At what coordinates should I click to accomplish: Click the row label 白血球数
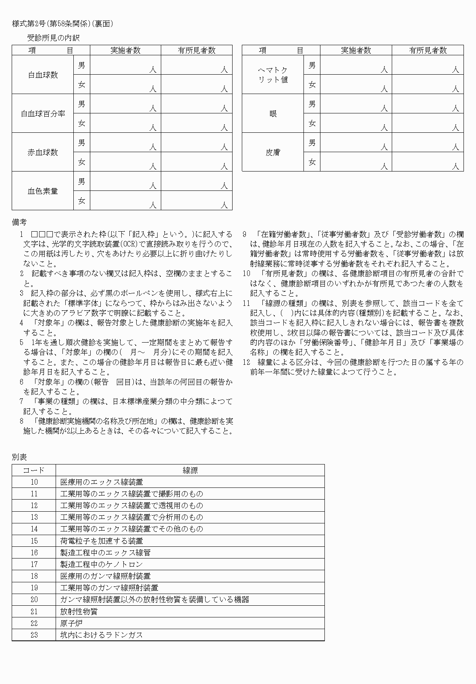43,75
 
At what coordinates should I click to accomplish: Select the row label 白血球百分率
43,114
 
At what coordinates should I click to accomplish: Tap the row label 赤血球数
43,153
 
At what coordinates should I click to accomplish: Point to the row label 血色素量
43,191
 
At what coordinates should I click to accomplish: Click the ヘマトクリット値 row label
273,75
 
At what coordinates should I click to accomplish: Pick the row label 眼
273,114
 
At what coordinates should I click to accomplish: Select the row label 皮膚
273,153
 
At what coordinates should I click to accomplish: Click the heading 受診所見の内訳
53,38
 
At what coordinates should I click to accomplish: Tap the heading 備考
19,222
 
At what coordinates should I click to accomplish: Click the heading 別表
19,457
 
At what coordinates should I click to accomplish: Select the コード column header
34,470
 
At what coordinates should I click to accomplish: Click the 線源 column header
190,470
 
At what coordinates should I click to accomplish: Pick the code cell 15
34,541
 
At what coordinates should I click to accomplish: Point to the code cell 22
34,623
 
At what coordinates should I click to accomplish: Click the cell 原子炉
71,623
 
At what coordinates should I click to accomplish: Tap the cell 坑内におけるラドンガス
102,635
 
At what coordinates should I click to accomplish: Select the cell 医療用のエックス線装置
102,482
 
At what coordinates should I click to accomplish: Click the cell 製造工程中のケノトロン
102,564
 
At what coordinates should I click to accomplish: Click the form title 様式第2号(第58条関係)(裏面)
62,24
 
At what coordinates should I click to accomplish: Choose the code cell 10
34,482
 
